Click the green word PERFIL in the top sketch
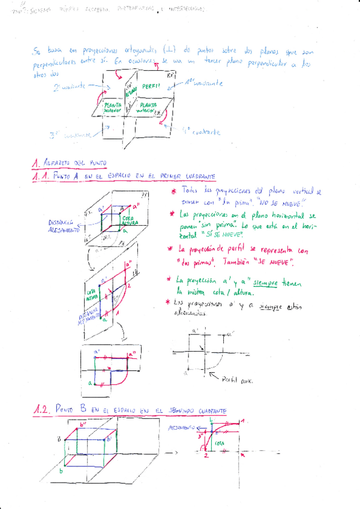pos(151,88)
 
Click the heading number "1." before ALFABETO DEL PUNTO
pos(36,163)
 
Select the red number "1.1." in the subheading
pos(41,177)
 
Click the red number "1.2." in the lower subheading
pos(41,410)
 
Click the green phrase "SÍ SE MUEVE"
pos(206,236)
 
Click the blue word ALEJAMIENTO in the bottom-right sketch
pos(182,428)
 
